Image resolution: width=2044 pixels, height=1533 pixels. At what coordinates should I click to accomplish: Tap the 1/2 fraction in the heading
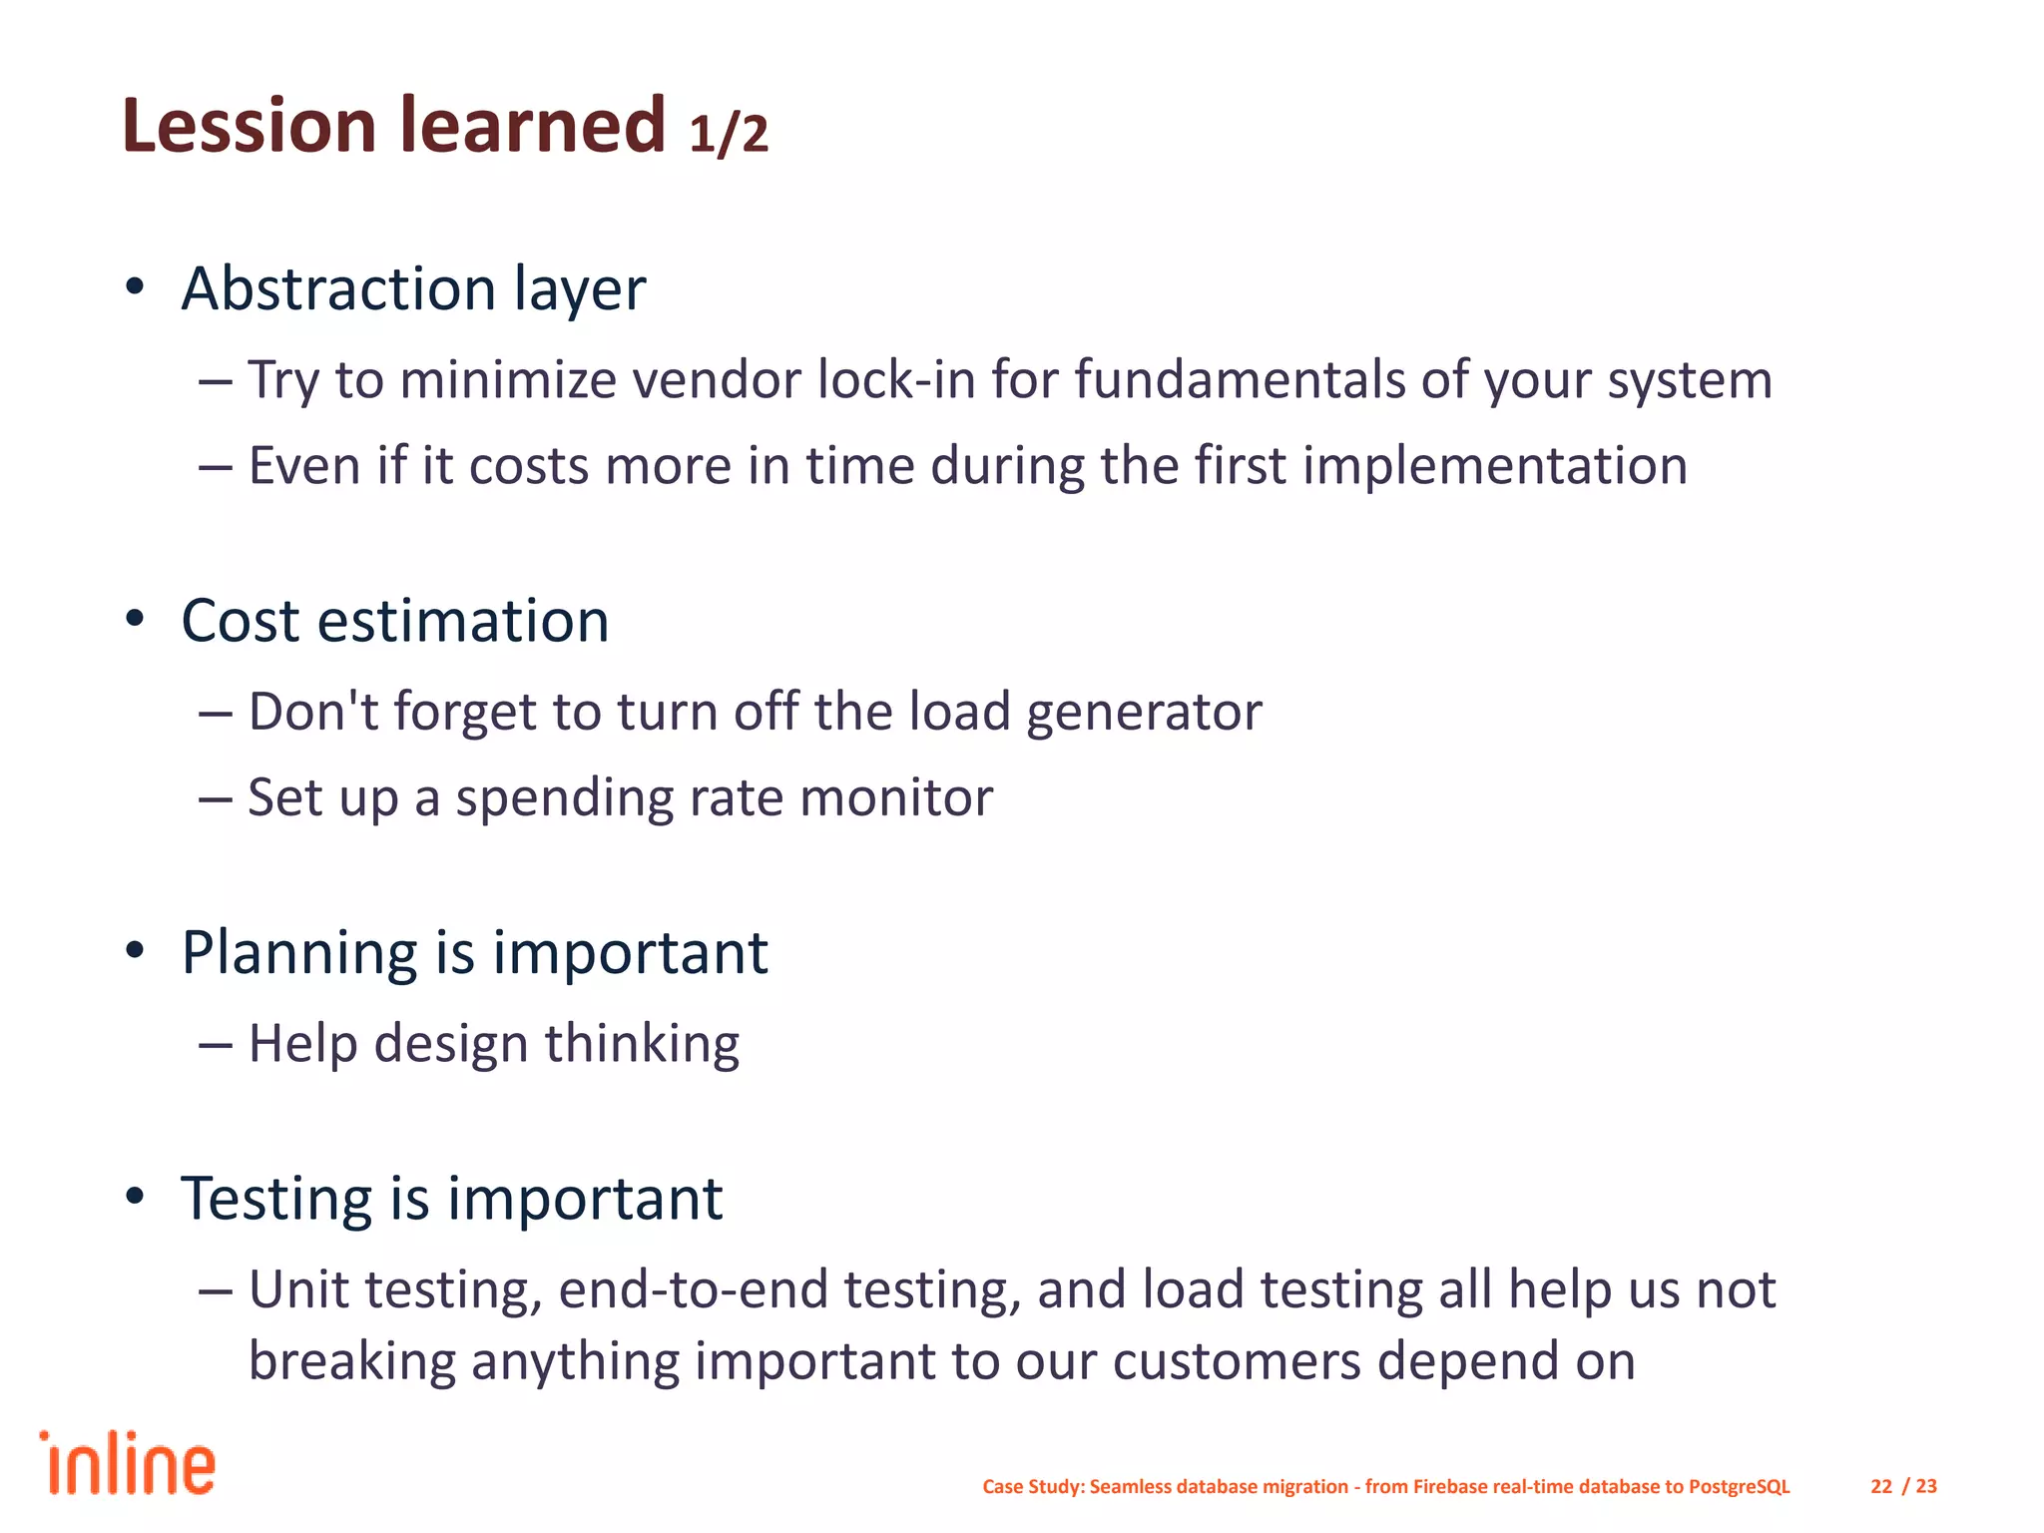coord(729,134)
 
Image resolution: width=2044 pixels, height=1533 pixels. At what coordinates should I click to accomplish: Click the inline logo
coord(128,1464)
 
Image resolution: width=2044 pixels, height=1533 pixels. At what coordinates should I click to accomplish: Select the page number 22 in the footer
coord(1881,1486)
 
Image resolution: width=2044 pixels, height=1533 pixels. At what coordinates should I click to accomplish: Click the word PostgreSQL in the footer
coord(1739,1486)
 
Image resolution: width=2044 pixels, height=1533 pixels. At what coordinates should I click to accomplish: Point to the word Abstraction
coord(338,288)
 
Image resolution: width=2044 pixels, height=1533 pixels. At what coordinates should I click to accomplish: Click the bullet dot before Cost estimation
coord(136,619)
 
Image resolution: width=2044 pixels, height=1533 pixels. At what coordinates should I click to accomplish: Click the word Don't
coord(313,712)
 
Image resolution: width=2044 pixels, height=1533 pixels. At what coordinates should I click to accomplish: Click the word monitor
coord(896,798)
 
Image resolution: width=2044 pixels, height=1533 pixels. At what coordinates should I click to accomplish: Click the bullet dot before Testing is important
coord(136,1196)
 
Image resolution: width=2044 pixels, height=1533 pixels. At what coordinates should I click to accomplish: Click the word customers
coord(1237,1361)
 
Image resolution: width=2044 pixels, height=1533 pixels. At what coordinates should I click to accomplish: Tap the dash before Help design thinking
coord(216,1045)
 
